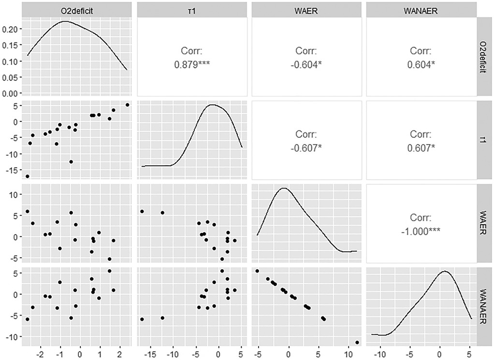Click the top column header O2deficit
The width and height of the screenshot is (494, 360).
tap(77, 9)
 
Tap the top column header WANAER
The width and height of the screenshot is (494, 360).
tap(421, 9)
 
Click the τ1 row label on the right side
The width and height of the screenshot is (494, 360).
tap(485, 140)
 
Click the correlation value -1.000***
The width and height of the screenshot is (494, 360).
tap(421, 230)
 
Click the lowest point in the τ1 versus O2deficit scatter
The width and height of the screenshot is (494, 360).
tap(28, 176)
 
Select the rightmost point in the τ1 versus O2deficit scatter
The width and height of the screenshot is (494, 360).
tap(127, 105)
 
